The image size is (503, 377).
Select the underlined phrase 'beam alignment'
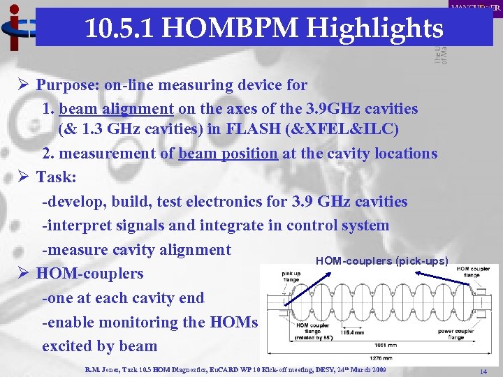[x=117, y=109]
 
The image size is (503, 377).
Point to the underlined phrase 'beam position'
[x=228, y=154]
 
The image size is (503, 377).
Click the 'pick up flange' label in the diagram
[x=291, y=277]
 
